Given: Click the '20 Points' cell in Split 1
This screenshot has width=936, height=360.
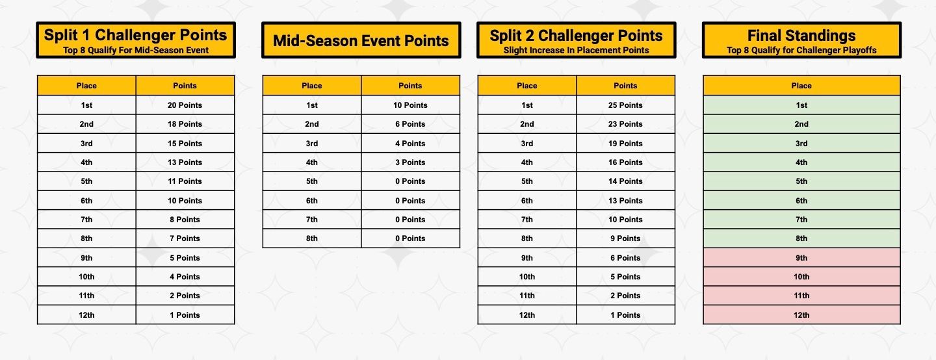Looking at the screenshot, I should [x=185, y=105].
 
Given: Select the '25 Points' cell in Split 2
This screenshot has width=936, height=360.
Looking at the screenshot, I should [x=625, y=105].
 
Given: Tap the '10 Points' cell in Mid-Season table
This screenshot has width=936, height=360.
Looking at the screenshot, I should [x=411, y=105].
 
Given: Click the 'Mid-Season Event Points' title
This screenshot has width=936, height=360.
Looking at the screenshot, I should [x=361, y=41].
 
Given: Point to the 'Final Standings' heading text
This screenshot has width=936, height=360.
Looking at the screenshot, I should [x=801, y=36].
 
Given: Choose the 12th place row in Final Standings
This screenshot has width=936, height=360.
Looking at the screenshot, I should [x=801, y=315].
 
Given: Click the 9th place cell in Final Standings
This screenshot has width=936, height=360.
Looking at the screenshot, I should [x=801, y=258].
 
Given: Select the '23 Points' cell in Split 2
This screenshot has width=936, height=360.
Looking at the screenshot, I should [x=625, y=124].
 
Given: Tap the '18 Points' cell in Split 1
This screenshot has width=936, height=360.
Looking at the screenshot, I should [x=185, y=124].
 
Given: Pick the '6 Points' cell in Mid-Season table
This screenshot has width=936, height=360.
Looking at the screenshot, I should [x=411, y=124].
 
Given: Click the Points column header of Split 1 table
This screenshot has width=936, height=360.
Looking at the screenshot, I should [x=185, y=86].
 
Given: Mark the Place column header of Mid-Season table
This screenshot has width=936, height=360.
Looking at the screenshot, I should [x=312, y=86].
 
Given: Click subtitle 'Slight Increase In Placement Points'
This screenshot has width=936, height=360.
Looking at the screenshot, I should [x=576, y=50].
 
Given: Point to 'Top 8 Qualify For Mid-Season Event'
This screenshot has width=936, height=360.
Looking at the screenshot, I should [x=136, y=50].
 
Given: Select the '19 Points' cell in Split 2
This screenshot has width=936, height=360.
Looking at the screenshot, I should [x=625, y=144].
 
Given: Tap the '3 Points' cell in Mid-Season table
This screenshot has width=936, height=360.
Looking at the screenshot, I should [x=411, y=162].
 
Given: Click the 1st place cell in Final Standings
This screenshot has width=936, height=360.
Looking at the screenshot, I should [x=801, y=105].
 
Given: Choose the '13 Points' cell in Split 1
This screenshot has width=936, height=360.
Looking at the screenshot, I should [x=185, y=162].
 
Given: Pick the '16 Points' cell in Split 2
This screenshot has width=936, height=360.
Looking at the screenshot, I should [x=625, y=162].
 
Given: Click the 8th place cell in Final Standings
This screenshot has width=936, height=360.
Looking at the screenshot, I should [x=801, y=238].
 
